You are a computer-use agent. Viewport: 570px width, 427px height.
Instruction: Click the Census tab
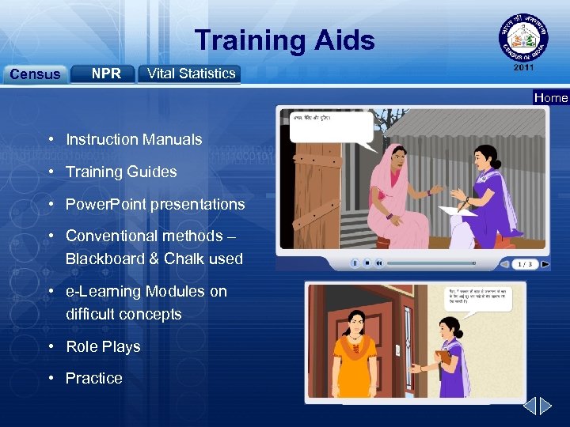pos(35,74)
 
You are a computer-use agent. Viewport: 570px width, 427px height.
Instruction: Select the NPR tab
pos(105,74)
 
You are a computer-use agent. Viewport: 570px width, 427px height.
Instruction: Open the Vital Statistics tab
pos(191,74)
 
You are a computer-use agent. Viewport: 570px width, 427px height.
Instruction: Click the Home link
pos(551,98)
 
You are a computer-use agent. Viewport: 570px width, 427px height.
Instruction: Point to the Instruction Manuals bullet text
pos(134,139)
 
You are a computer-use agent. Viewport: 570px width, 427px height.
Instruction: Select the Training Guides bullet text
pos(121,172)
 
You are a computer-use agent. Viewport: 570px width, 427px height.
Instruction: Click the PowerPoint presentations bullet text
pos(155,204)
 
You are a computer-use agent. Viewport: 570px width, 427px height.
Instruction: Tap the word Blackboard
pos(101,259)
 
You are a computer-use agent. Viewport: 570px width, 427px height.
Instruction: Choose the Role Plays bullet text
pos(103,346)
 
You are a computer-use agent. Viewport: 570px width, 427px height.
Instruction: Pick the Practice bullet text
pos(93,378)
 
